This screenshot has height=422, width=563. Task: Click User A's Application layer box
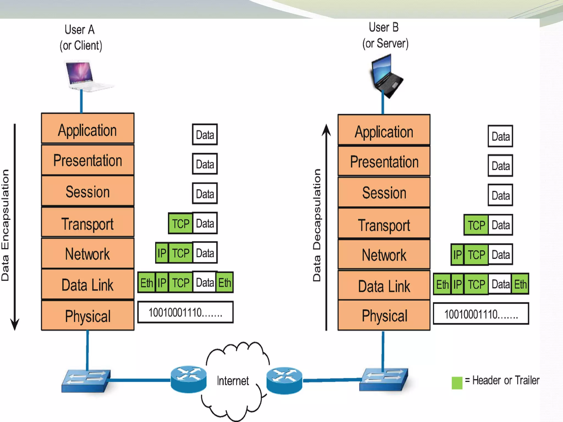[88, 129]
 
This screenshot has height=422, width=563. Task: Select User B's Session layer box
[384, 192]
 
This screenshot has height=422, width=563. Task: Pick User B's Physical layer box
[384, 315]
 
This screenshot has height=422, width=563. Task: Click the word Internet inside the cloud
[233, 381]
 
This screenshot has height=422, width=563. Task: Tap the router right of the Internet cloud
[284, 380]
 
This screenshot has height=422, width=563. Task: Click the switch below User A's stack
[86, 381]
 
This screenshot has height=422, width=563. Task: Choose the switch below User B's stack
[384, 379]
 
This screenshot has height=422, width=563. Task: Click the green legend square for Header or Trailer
[457, 382]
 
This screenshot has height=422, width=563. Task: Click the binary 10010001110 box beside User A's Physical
[185, 312]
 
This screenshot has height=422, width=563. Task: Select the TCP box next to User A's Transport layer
[180, 223]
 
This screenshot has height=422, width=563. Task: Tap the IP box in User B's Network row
[457, 254]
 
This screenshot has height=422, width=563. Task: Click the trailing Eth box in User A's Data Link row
[225, 282]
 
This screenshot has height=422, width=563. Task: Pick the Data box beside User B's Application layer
[500, 136]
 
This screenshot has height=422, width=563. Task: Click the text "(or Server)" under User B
[385, 43]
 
